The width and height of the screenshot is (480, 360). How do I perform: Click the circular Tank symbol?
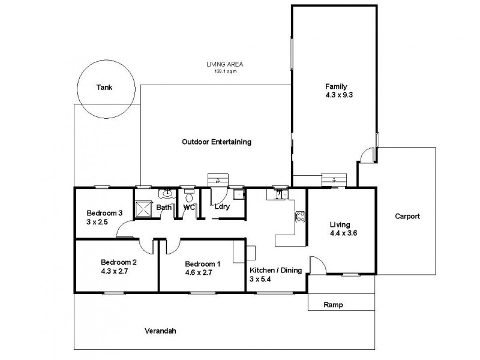(104, 88)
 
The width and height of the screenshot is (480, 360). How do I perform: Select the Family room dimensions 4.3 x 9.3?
(336, 95)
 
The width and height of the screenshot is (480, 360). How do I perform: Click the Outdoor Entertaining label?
(216, 142)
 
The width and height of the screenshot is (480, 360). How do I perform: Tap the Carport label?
(407, 217)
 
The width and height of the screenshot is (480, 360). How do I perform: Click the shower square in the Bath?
(145, 209)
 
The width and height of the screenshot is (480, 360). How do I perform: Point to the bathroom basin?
(166, 193)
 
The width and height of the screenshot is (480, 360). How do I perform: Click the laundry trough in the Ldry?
(238, 194)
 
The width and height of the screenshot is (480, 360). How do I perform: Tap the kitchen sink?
(280, 193)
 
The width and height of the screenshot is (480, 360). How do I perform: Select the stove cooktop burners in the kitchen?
(299, 217)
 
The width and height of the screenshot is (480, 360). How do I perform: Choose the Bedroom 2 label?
(119, 262)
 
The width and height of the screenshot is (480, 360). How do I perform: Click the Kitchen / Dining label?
(275, 271)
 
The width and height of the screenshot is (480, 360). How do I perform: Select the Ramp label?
(333, 305)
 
